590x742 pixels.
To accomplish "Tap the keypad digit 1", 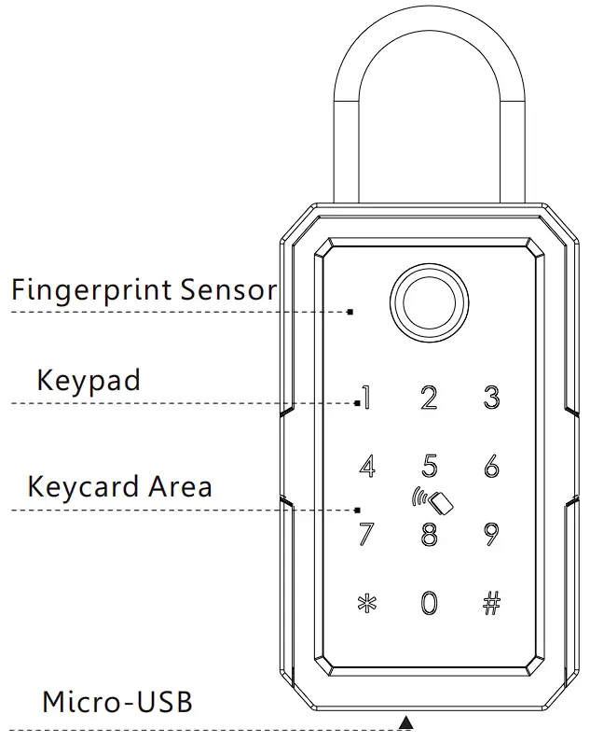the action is (x=366, y=398).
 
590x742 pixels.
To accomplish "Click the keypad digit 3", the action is (x=491, y=398).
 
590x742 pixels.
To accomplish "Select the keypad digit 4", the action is (x=367, y=467).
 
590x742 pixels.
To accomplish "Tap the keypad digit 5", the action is (x=429, y=466).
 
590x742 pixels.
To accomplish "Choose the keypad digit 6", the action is (x=491, y=467).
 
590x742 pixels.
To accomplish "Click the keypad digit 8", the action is (x=429, y=535).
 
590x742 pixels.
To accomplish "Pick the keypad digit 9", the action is (x=491, y=535).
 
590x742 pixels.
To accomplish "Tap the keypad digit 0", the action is (x=429, y=603).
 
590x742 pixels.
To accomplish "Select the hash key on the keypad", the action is (x=491, y=603).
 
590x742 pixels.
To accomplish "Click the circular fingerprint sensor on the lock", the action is (x=429, y=304).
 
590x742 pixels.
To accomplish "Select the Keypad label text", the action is (x=89, y=381).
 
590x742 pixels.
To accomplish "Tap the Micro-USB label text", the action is (x=117, y=702).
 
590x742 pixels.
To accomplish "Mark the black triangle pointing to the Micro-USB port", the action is (x=405, y=721).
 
